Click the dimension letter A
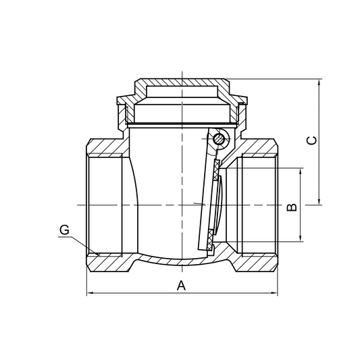pos(180,285)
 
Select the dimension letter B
pos(292,205)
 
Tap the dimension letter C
pos(311,140)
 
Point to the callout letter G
pos(64,230)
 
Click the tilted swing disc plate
pos(205,196)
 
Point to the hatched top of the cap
pos(182,82)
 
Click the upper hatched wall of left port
pos(105,147)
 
